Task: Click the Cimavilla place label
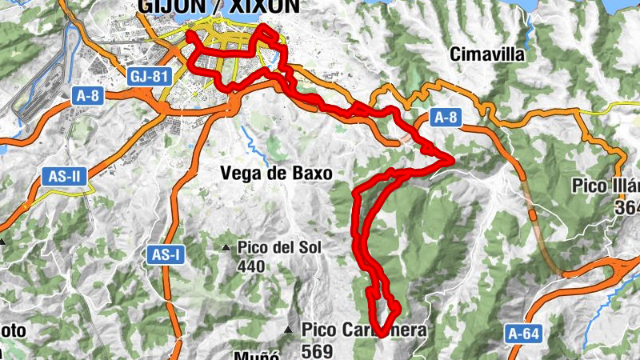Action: [487, 55]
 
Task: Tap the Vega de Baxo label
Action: [276, 173]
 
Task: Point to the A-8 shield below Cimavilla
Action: [446, 118]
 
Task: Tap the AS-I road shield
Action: [166, 255]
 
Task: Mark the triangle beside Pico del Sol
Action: [226, 247]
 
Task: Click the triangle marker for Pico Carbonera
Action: [288, 330]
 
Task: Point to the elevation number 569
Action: [317, 350]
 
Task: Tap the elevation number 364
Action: [626, 206]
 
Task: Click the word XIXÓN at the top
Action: [263, 6]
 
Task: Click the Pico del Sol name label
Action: [278, 247]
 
